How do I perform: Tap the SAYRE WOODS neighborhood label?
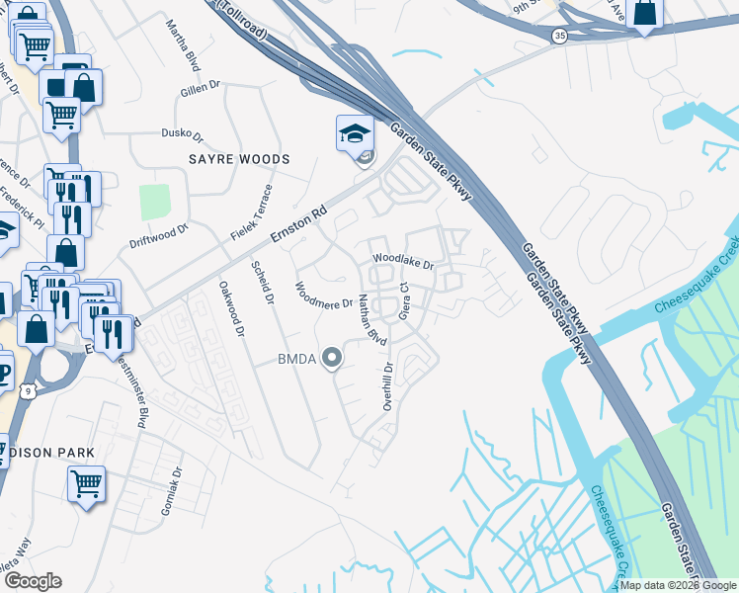[240, 159]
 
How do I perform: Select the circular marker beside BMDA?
[334, 359]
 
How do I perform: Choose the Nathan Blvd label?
[371, 319]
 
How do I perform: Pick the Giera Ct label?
[404, 300]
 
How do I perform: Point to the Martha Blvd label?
[183, 44]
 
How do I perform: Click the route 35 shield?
[560, 36]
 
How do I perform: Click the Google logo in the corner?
[33, 581]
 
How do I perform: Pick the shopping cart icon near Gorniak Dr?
[86, 483]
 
